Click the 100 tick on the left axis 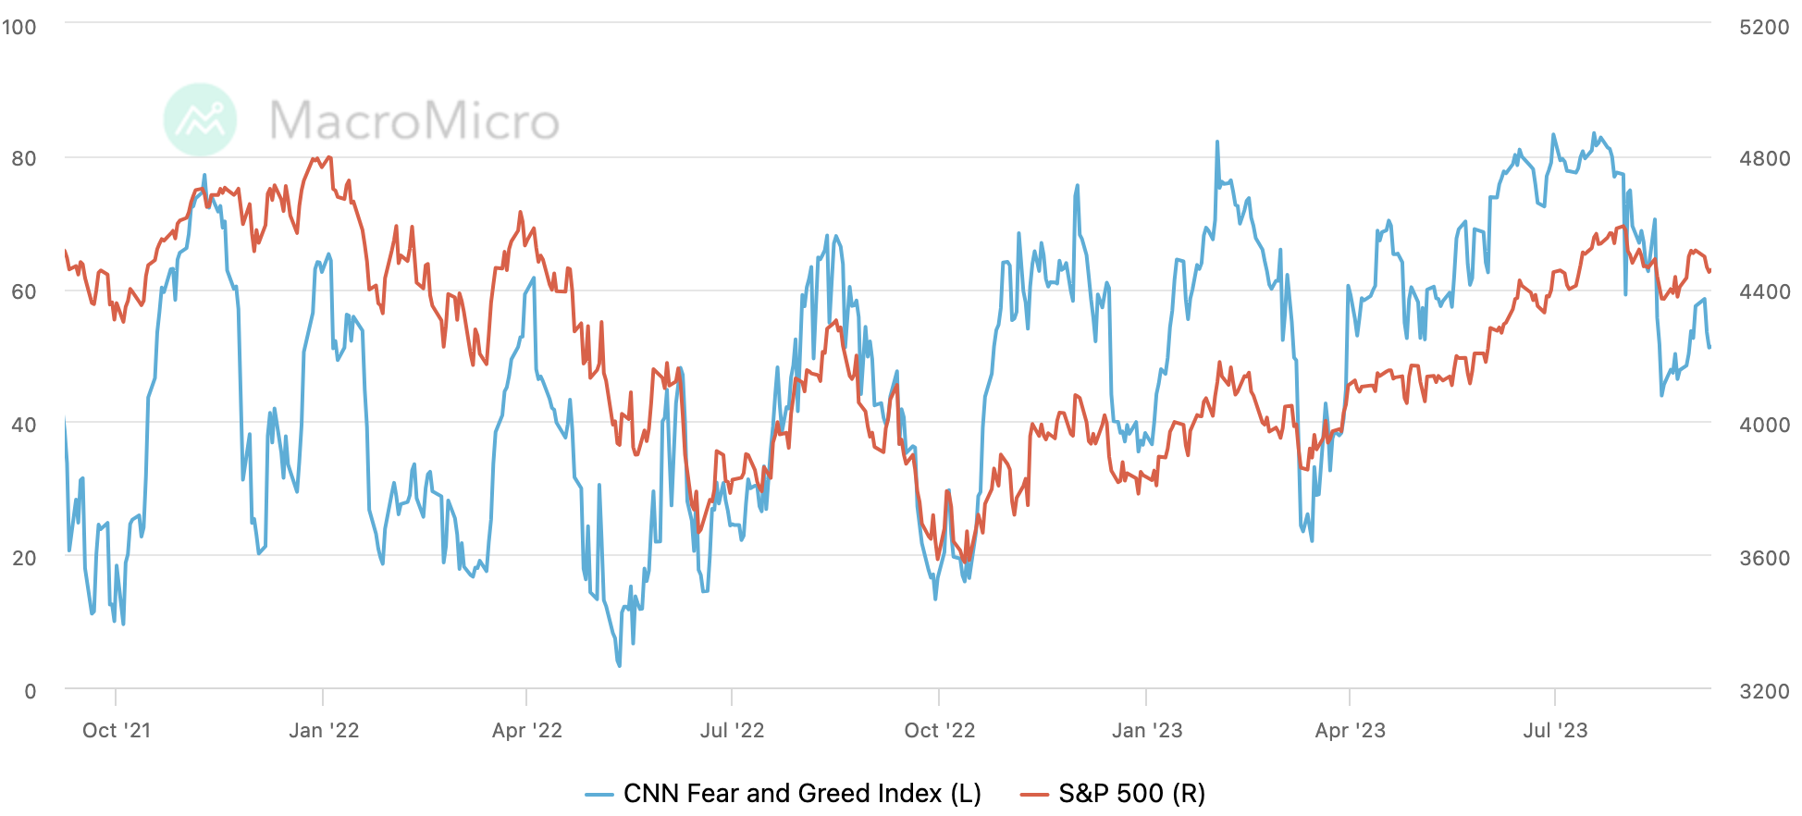pos(19,27)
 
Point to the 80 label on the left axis pos(24,159)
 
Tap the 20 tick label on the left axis pos(24,558)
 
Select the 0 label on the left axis pos(31,691)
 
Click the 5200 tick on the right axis pos(1764,27)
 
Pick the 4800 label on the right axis pos(1764,159)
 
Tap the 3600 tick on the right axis pos(1764,558)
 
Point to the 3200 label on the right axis pos(1764,691)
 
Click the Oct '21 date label pos(117,731)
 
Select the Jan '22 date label pos(324,731)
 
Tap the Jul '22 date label pos(732,731)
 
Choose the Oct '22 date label pos(940,731)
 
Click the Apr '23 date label pos(1351,731)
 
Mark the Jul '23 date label pos(1555,731)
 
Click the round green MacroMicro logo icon pos(200,119)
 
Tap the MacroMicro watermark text pos(414,121)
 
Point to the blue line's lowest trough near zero pos(619,664)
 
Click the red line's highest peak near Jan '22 pos(315,159)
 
